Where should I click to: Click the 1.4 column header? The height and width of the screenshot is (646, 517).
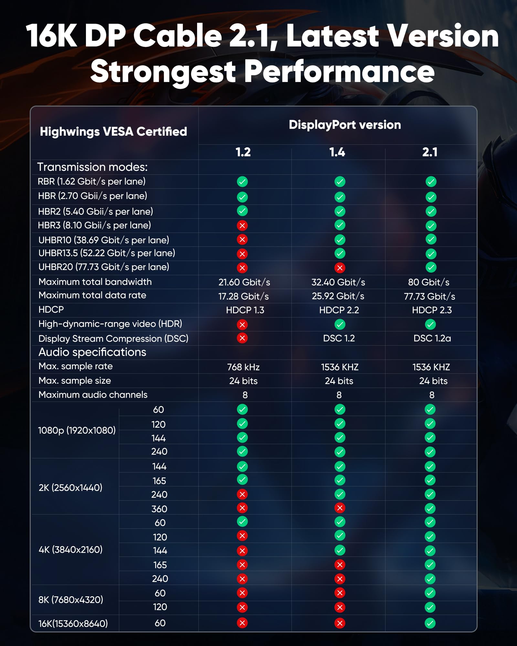coord(337,152)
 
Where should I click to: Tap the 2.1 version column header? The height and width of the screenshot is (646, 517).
coord(430,152)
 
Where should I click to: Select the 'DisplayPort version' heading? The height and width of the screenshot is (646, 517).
coord(345,125)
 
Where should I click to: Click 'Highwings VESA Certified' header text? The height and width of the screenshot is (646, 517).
coord(113,131)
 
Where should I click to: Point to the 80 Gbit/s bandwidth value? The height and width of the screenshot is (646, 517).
coord(428,282)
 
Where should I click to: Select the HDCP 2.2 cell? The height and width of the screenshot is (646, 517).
coord(339,310)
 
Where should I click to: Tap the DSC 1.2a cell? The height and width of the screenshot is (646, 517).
coord(432,338)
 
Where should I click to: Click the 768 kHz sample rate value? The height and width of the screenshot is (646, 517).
coord(243,367)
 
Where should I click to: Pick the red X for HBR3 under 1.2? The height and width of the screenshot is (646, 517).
coord(242,225)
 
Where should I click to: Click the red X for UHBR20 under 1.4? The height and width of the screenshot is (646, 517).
coord(340,267)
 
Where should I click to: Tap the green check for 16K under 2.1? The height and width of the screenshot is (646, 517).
coord(430,623)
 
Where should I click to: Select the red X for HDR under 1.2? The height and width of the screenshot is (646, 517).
coord(242,324)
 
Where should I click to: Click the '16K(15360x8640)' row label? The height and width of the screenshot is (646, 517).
coord(73,623)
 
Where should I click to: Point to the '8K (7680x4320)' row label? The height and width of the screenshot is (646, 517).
coord(71,599)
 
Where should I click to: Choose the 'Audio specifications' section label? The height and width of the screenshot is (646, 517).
coord(92,352)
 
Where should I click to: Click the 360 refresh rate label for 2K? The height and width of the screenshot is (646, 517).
coord(159,509)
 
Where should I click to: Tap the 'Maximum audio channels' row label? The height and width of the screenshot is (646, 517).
coord(93,395)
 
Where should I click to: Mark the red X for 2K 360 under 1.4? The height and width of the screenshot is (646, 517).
coord(340,508)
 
